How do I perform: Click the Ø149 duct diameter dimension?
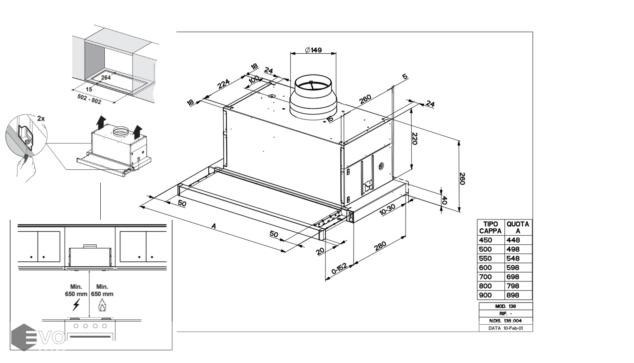pos(313,50)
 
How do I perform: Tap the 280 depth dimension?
pos(380,246)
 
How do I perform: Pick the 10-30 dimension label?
pos(387,210)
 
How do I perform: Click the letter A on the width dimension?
pos(214,227)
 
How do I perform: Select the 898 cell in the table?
pos(513,295)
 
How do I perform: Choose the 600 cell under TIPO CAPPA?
pos(485,267)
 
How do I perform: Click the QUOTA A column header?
pos(518,227)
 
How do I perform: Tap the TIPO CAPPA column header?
pos(490,227)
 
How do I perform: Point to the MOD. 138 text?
pos(505,306)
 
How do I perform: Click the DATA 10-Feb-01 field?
pos(506,328)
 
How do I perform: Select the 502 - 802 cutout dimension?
pos(89,99)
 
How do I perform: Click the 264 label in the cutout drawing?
pos(106,77)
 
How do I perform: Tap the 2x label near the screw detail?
pos(41,119)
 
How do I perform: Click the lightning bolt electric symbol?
pos(76,305)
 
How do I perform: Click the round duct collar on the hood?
pos(313,97)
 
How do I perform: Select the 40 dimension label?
pos(444,200)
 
